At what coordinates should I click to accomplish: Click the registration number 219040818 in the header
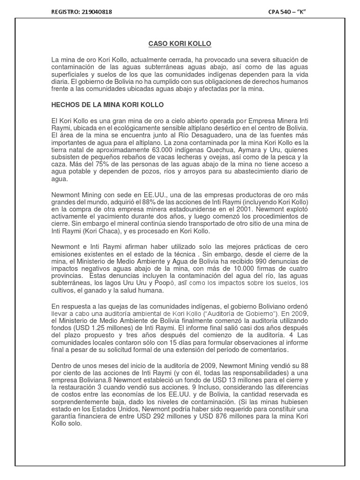[x=97, y=11]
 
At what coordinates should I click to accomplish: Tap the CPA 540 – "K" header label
[x=287, y=11]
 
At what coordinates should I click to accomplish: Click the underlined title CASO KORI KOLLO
[x=180, y=44]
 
